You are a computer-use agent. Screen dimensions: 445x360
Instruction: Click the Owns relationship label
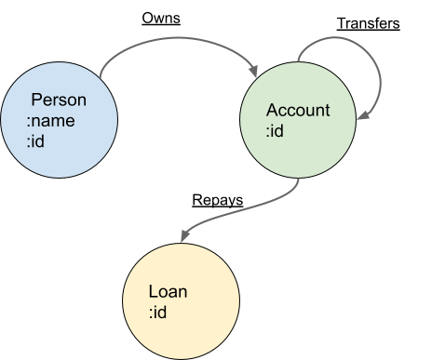coord(161,19)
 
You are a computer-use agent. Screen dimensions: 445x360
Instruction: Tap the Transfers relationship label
coord(369,23)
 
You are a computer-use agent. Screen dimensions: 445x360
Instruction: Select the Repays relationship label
coord(218,200)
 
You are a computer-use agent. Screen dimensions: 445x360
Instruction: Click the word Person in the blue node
coord(59,100)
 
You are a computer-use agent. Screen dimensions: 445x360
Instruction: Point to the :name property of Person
coord(50,121)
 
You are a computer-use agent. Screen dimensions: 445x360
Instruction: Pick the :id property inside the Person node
coord(35,141)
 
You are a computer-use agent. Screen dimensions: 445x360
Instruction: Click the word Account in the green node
coord(298,110)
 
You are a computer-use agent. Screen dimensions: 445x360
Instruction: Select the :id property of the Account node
coord(275,130)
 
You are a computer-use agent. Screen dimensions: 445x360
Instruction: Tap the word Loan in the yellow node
coord(168,291)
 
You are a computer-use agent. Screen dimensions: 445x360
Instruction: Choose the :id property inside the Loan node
coord(157,312)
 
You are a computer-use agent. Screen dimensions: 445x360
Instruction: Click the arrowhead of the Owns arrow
coord(254,71)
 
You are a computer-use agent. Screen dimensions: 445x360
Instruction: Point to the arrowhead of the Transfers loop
coord(363,115)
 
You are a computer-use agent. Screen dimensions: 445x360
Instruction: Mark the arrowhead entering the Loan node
coord(184,235)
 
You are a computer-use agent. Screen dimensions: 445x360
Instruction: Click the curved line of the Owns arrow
coord(178,38)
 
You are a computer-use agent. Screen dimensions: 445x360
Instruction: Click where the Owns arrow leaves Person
coord(101,77)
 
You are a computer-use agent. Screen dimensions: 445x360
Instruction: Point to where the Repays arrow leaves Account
coord(299,179)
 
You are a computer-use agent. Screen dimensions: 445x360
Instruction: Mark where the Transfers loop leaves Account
coord(298,61)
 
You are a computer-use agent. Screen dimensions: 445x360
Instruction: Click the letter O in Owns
coord(147,19)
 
